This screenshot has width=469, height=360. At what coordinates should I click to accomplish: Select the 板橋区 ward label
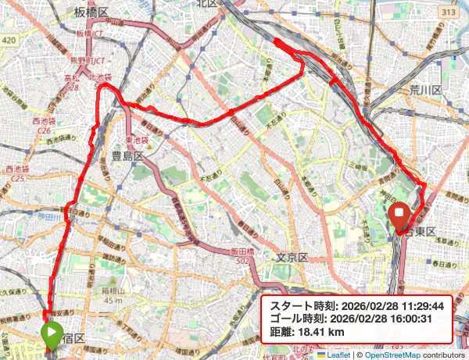click(x=91, y=11)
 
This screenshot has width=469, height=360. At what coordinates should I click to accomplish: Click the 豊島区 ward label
click(x=126, y=155)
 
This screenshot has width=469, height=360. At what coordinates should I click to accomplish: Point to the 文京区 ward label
click(x=294, y=257)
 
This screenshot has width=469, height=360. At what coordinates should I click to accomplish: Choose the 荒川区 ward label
click(x=426, y=91)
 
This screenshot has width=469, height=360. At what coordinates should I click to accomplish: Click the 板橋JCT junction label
click(x=91, y=34)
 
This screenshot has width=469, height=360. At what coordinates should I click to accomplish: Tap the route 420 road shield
click(x=9, y=39)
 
